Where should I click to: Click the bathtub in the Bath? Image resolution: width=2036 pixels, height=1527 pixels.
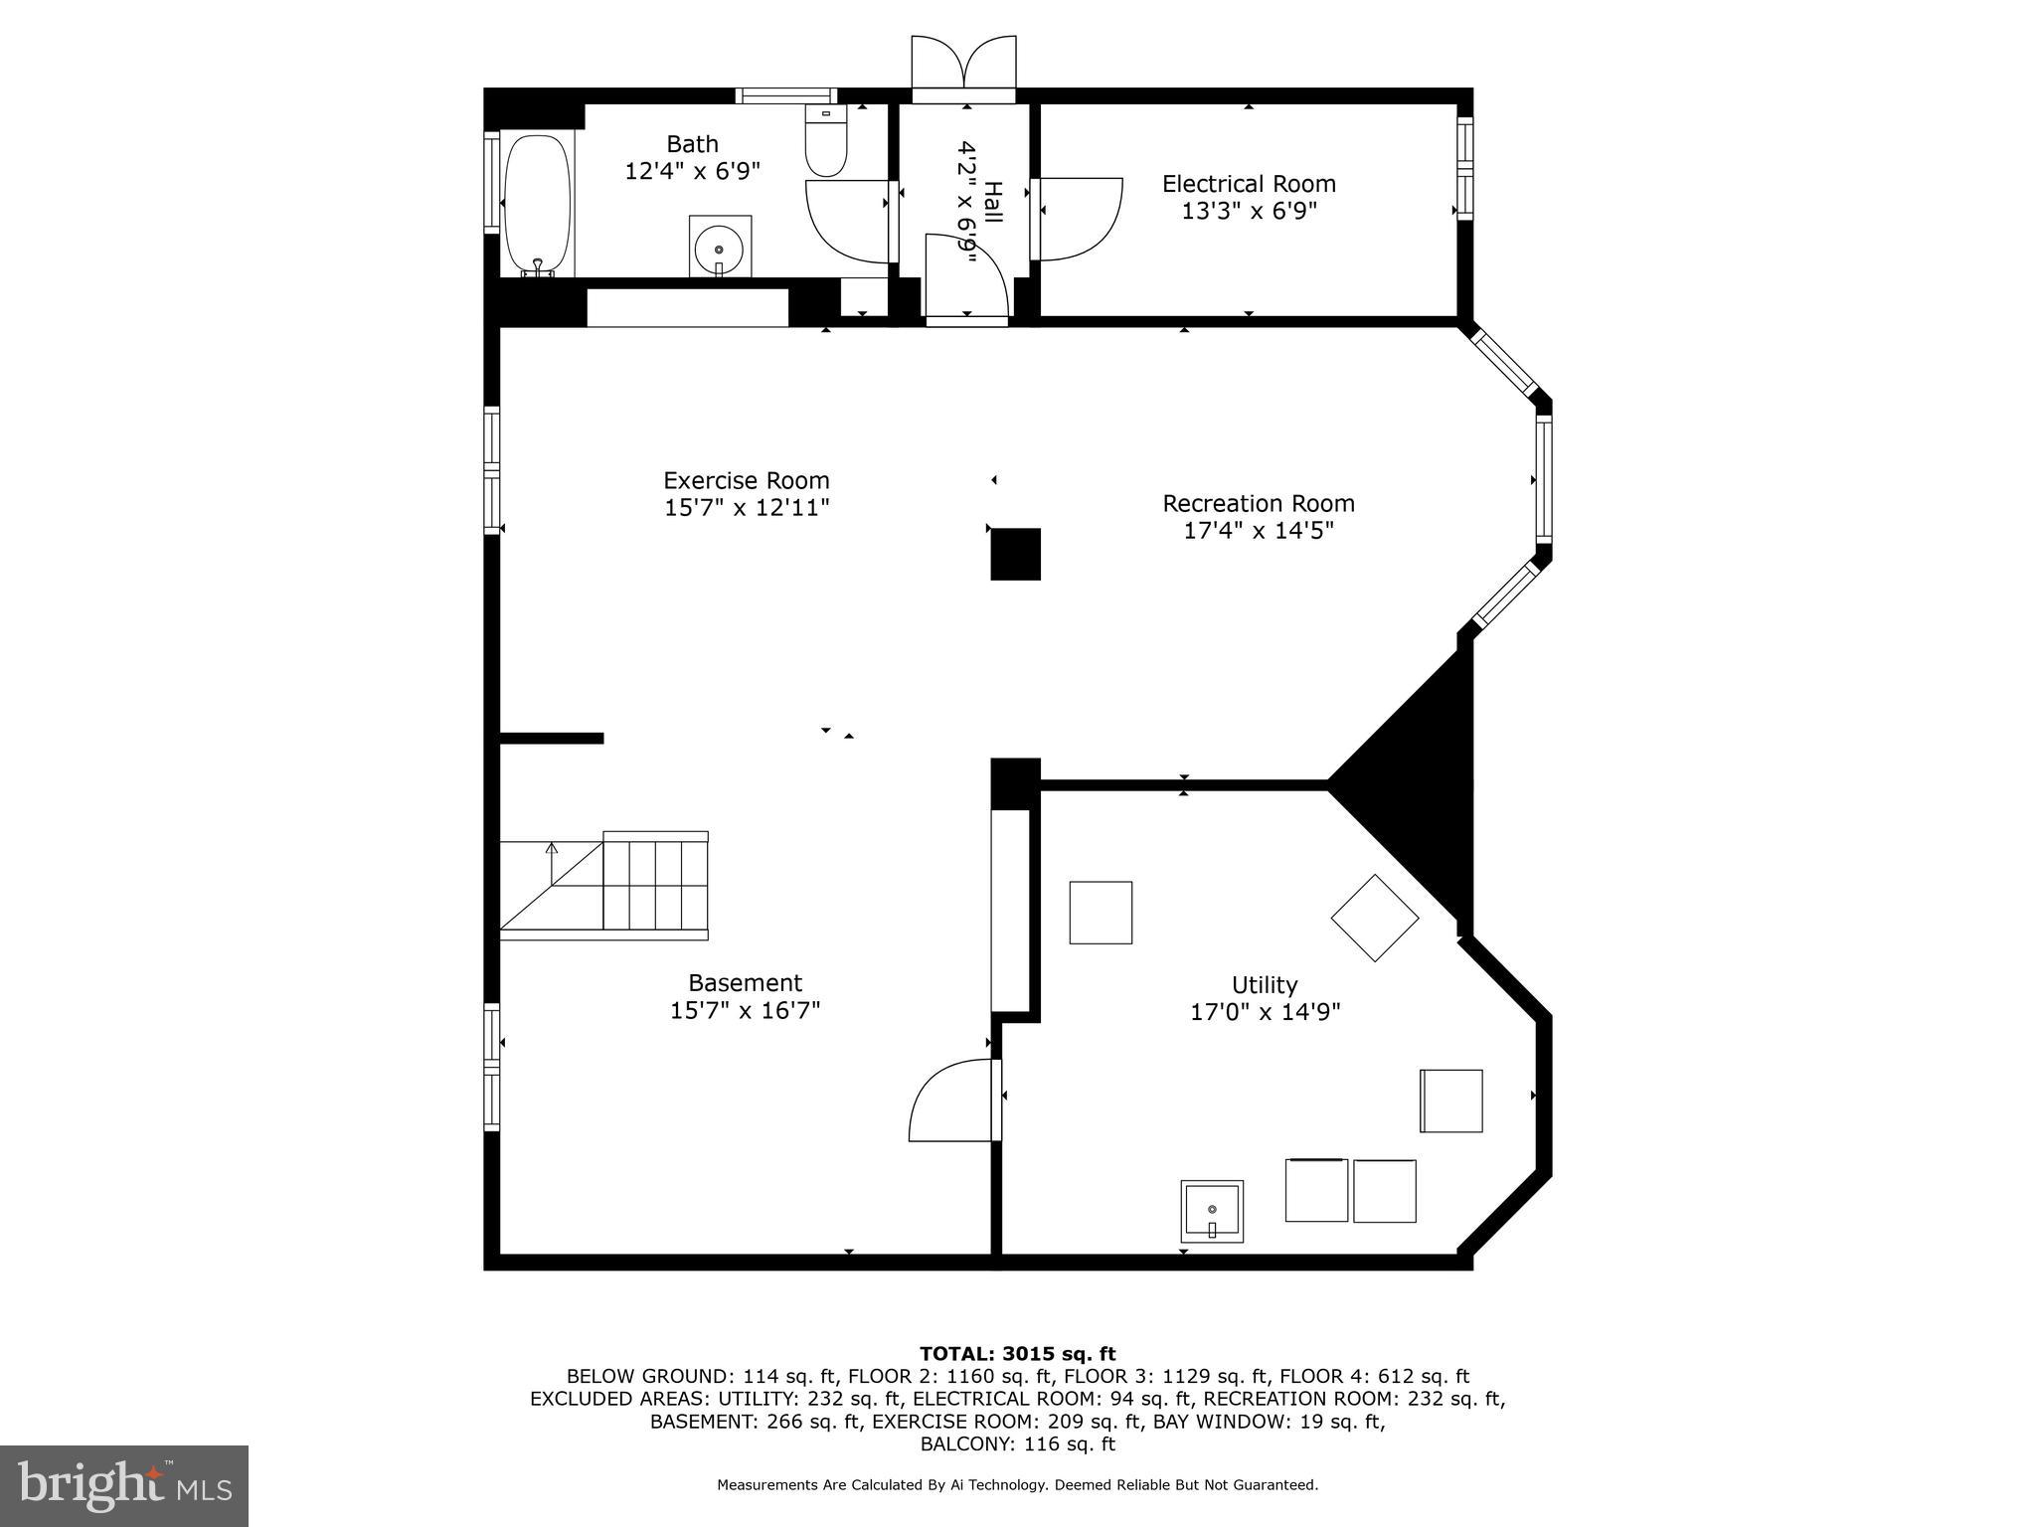point(538,204)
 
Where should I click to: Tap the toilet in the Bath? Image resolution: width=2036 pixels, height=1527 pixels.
point(825,145)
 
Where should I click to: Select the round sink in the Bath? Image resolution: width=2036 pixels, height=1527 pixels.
point(719,245)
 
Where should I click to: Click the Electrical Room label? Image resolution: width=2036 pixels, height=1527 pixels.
point(1249,184)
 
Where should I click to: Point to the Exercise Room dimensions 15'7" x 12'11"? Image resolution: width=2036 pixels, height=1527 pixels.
point(747,508)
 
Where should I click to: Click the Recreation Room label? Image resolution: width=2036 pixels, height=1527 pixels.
point(1259,504)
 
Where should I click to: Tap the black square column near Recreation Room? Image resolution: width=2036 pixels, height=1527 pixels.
point(1015,554)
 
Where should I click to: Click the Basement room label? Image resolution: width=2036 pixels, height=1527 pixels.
point(745,983)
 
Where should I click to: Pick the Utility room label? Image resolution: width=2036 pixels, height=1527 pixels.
point(1265,985)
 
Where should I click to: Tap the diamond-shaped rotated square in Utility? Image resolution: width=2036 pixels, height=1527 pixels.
point(1375,918)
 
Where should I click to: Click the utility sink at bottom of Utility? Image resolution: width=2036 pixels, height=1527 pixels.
point(1212,1211)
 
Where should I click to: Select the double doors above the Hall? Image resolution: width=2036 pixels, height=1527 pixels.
point(963,65)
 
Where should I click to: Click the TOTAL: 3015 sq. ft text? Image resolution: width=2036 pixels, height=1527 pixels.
point(1017,1353)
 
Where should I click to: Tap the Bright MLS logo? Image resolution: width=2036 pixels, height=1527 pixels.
point(124,1485)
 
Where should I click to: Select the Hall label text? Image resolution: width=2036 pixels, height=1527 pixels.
point(993,203)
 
